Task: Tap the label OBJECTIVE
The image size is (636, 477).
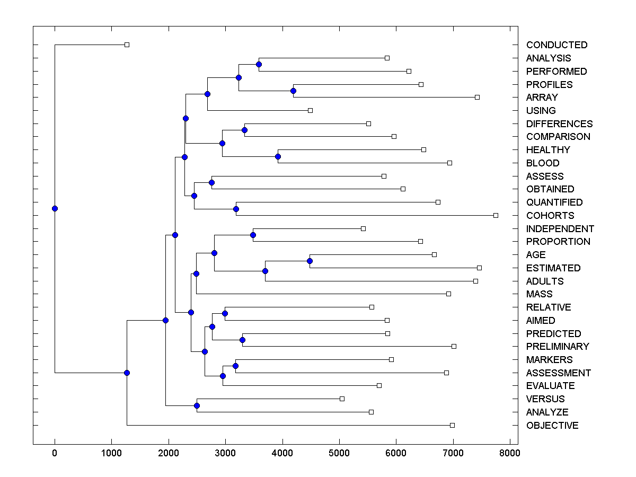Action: point(552,426)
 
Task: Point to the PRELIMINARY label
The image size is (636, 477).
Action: point(557,347)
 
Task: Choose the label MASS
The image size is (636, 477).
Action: point(539,294)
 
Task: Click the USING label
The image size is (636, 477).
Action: point(541,111)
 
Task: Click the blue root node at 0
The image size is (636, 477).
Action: point(55,208)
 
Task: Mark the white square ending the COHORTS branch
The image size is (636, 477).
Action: point(496,215)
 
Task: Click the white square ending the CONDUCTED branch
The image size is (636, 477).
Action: point(127,45)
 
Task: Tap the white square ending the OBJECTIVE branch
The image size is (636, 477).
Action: point(452,425)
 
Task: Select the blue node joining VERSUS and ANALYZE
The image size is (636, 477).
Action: point(197,405)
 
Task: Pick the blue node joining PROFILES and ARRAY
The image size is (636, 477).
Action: point(294,91)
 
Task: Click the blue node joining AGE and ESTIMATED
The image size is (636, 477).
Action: point(310,261)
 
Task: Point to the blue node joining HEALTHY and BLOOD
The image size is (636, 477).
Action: point(278,156)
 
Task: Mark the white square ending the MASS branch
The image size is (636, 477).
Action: point(448,294)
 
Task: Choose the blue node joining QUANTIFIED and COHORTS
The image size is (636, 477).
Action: point(236,209)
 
